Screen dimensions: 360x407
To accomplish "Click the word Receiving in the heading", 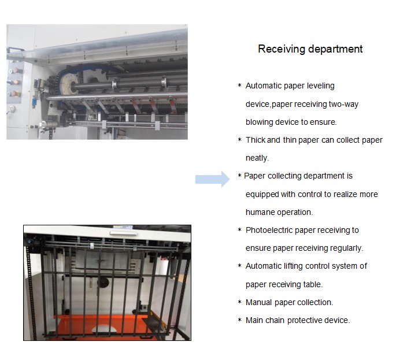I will click(x=282, y=49).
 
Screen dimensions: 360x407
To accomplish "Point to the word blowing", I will click(x=261, y=122).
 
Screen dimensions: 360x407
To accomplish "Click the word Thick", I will click(x=256, y=140).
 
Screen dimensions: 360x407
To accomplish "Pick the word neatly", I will click(x=257, y=158).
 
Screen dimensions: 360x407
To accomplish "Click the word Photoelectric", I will click(x=269, y=230).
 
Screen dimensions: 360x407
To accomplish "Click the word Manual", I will click(x=258, y=302).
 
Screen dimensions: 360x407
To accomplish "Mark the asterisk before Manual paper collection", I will click(x=240, y=302).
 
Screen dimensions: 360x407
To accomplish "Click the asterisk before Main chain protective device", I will click(x=240, y=320).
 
